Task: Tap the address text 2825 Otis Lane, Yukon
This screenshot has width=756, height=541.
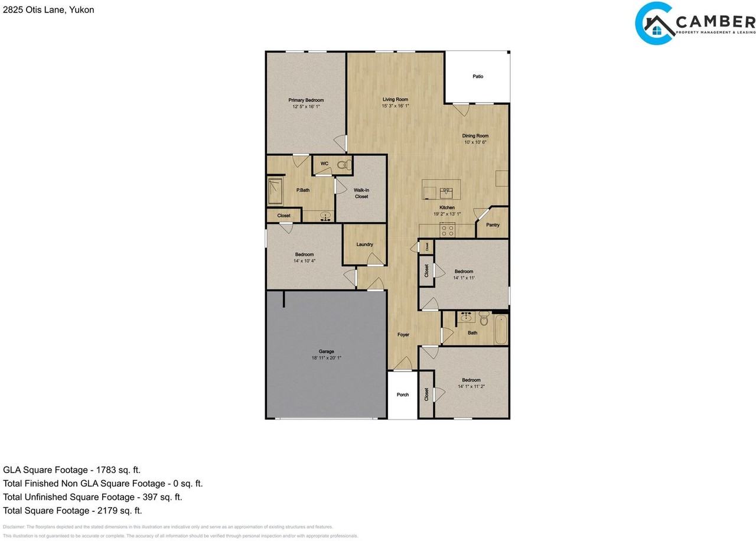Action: pos(48,9)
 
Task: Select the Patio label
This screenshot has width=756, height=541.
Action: pos(478,76)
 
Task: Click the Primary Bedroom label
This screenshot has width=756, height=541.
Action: pos(306,100)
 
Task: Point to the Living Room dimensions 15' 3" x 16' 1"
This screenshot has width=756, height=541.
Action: pos(395,106)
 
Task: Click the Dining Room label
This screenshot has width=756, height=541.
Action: pos(475,136)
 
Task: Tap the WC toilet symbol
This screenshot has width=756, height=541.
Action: pos(341,165)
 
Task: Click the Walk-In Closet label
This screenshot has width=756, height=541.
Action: pos(361,193)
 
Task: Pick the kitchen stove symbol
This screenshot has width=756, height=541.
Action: pos(447,229)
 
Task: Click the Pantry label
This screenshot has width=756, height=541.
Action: pos(493,225)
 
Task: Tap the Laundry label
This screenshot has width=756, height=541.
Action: pos(364,245)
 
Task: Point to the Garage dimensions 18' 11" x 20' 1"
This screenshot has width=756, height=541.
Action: pos(326,358)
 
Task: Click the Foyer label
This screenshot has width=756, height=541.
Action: pos(403,335)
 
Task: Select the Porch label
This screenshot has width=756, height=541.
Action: pos(402,395)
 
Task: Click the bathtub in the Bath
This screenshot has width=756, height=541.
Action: pos(501,330)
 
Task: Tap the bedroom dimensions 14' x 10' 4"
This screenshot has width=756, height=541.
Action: pos(304,260)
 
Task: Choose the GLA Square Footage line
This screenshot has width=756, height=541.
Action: pos(72,470)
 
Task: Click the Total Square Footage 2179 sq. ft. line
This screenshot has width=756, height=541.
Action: pos(73,510)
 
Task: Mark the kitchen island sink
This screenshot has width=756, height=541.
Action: pos(447,191)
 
